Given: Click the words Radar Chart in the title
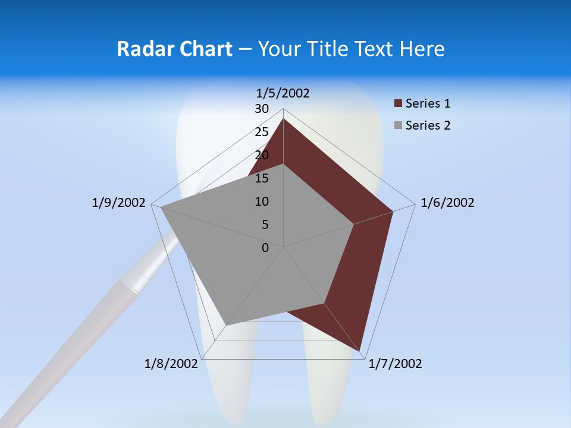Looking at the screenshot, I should point(174,49).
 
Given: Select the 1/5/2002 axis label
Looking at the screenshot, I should point(283,93).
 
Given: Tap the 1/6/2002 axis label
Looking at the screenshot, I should point(447,203).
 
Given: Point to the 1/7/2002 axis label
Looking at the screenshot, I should point(395,364).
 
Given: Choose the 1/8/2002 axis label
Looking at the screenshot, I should point(171,364).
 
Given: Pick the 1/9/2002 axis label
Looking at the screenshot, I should point(118,203).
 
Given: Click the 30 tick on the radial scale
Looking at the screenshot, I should point(262,109).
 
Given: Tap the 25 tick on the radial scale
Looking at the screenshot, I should point(262,132).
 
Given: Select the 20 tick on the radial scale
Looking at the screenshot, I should point(262,155).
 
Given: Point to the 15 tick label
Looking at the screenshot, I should point(262,178).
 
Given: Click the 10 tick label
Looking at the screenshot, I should point(262,202).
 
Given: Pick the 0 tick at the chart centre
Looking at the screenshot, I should point(265,247).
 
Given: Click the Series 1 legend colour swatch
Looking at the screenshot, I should point(398,104).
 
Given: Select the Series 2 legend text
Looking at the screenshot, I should point(428,125).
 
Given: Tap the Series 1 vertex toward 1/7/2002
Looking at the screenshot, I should point(360,351).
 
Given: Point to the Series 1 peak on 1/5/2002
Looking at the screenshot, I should point(283,118).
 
